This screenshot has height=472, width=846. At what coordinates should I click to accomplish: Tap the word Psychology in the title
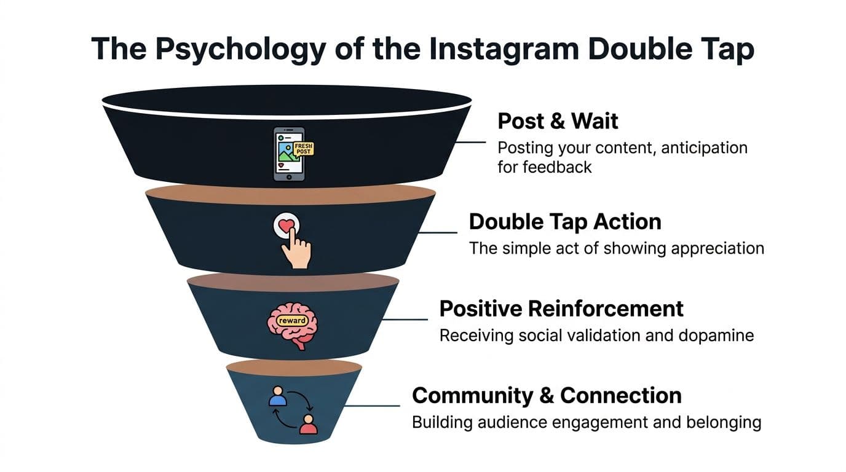pos(240,49)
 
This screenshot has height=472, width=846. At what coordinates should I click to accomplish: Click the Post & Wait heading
pos(558,121)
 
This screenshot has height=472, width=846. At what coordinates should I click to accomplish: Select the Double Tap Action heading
pos(565,222)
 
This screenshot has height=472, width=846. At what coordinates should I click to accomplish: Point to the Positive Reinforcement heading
pos(561,309)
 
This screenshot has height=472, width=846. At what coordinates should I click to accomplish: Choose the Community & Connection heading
pos(547,396)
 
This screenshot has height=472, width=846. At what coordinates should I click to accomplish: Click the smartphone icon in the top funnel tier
pos(289,154)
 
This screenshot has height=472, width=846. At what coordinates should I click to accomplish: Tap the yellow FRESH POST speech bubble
pos(304,149)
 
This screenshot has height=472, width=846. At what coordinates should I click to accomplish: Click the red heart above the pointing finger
pos(286,226)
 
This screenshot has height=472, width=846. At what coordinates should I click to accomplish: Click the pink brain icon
pos(292,325)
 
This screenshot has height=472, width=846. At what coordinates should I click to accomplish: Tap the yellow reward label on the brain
pos(292,321)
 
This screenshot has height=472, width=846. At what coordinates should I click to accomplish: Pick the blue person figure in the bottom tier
pos(278,396)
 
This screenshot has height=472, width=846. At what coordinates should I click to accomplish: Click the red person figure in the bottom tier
pos(308,425)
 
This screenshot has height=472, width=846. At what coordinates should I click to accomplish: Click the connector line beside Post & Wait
pos(470,143)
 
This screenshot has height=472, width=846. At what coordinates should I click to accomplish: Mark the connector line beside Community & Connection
pos(371,406)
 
